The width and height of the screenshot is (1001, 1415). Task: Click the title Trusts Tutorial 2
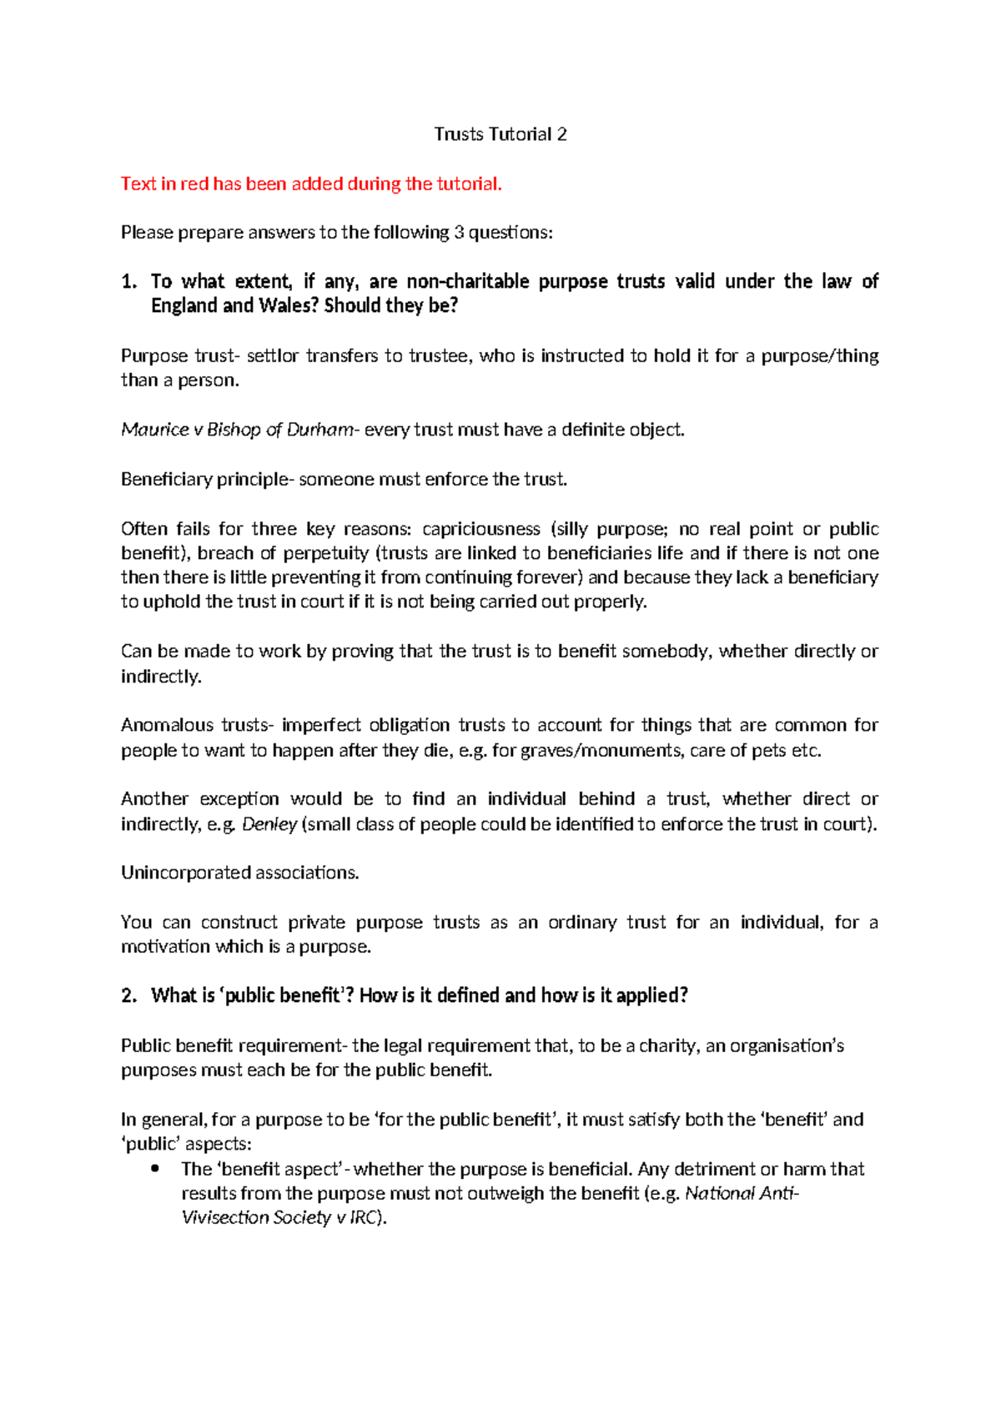[x=500, y=134]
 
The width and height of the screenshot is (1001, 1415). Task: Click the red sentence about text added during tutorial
[x=311, y=184]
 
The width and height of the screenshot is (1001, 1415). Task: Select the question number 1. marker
[x=128, y=282]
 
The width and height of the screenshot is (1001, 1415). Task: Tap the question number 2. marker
[x=128, y=995]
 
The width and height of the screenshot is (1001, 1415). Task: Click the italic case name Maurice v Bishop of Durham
[x=238, y=430]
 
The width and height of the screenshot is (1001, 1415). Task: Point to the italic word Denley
[x=269, y=824]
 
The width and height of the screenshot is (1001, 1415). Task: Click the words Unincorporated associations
[x=239, y=873]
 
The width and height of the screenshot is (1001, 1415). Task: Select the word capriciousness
[x=481, y=529]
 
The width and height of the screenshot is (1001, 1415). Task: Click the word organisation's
[x=787, y=1045]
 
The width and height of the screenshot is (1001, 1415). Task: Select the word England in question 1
[x=184, y=306]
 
